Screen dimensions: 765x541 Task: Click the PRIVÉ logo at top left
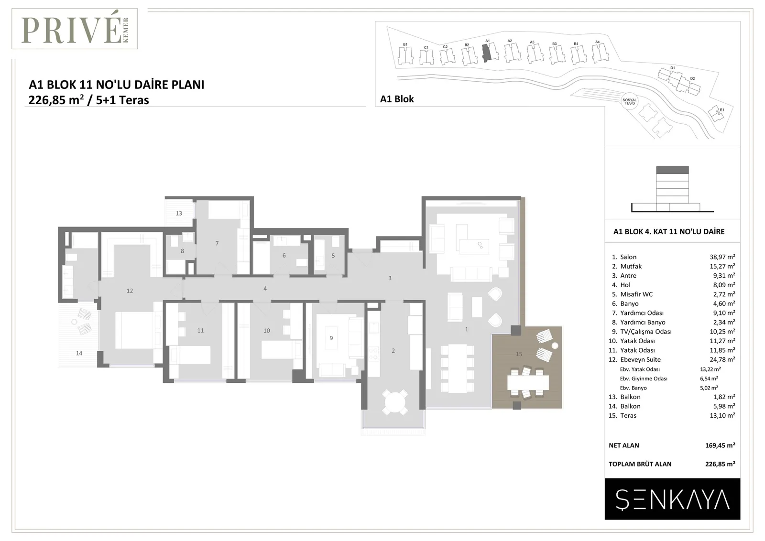tap(75, 29)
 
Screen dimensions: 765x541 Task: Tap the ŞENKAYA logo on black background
tap(672, 499)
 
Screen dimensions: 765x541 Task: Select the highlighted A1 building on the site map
tap(486, 53)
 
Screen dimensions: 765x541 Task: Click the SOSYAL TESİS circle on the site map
tap(629, 101)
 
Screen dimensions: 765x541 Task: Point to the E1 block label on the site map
tap(722, 110)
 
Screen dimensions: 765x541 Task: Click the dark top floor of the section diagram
tap(672, 170)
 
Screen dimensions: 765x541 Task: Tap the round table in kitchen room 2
tap(394, 402)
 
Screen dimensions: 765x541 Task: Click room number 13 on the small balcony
tap(179, 213)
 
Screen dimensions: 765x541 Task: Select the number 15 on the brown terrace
tap(519, 354)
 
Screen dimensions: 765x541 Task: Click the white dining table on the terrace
tap(528, 383)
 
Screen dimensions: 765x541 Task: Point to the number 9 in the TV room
tap(331, 338)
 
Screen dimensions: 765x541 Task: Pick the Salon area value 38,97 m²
tap(722, 257)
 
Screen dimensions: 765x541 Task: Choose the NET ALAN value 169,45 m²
tap(720, 445)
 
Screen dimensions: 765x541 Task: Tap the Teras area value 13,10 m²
tap(722, 415)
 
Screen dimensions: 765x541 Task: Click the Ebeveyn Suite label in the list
tap(640, 359)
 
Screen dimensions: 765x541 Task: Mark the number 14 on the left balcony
tap(79, 353)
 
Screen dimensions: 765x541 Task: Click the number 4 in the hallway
tap(265, 288)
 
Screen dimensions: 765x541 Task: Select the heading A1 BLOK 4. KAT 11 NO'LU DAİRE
tap(669, 231)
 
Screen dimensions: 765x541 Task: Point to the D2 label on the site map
tap(692, 78)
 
